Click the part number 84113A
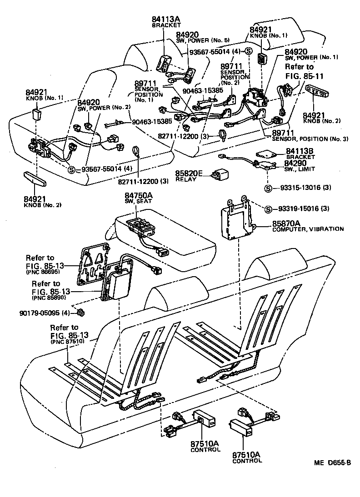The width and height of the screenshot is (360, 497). click(x=165, y=19)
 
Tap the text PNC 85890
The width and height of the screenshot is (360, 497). click(x=48, y=298)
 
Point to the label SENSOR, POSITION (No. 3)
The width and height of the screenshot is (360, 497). click(x=310, y=139)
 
